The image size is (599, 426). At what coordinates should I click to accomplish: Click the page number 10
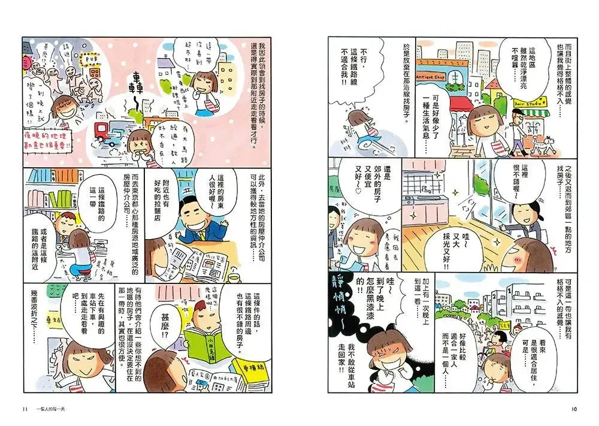pos(573,409)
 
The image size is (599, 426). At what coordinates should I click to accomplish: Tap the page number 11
pos(25,409)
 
